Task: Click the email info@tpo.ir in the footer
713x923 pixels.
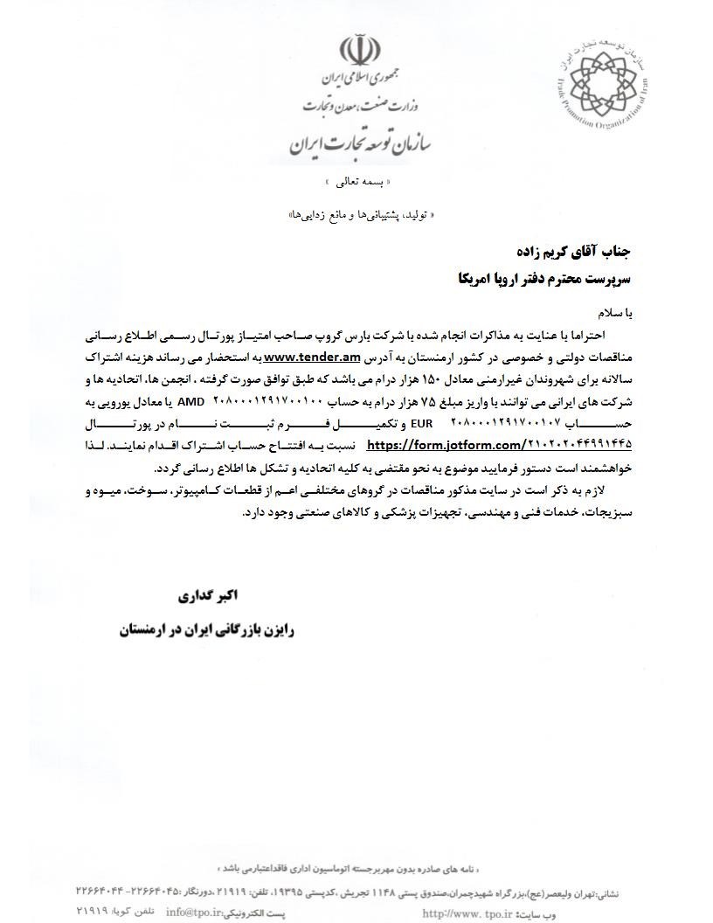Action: coord(195,913)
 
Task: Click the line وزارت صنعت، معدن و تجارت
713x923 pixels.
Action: coord(360,107)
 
